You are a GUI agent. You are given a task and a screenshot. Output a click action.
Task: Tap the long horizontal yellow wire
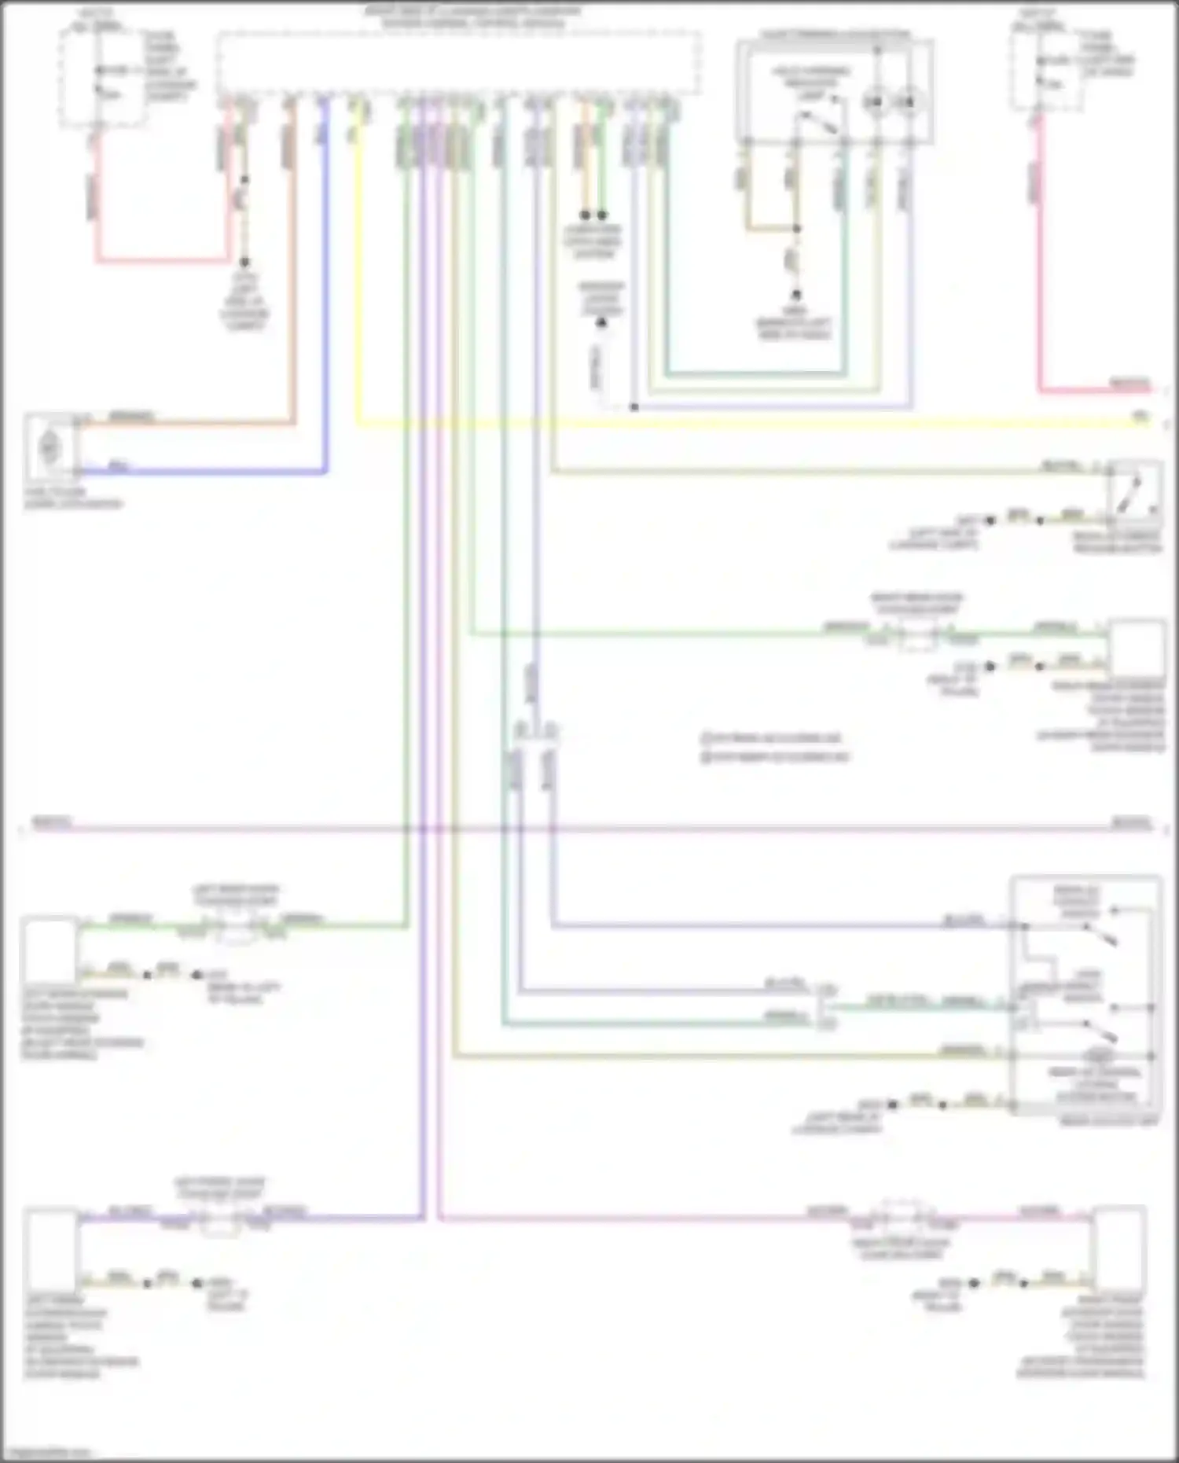[x=707, y=424]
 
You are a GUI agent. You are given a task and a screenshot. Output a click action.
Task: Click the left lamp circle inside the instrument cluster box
[x=875, y=102]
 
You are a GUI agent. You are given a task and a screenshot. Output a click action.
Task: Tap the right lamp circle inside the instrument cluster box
[x=907, y=102]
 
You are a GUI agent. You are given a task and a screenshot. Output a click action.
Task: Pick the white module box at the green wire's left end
[x=50, y=951]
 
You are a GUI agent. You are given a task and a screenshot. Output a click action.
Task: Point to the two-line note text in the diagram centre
[x=774, y=748]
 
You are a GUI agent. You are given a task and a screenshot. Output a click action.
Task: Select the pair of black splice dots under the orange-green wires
[x=593, y=215]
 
